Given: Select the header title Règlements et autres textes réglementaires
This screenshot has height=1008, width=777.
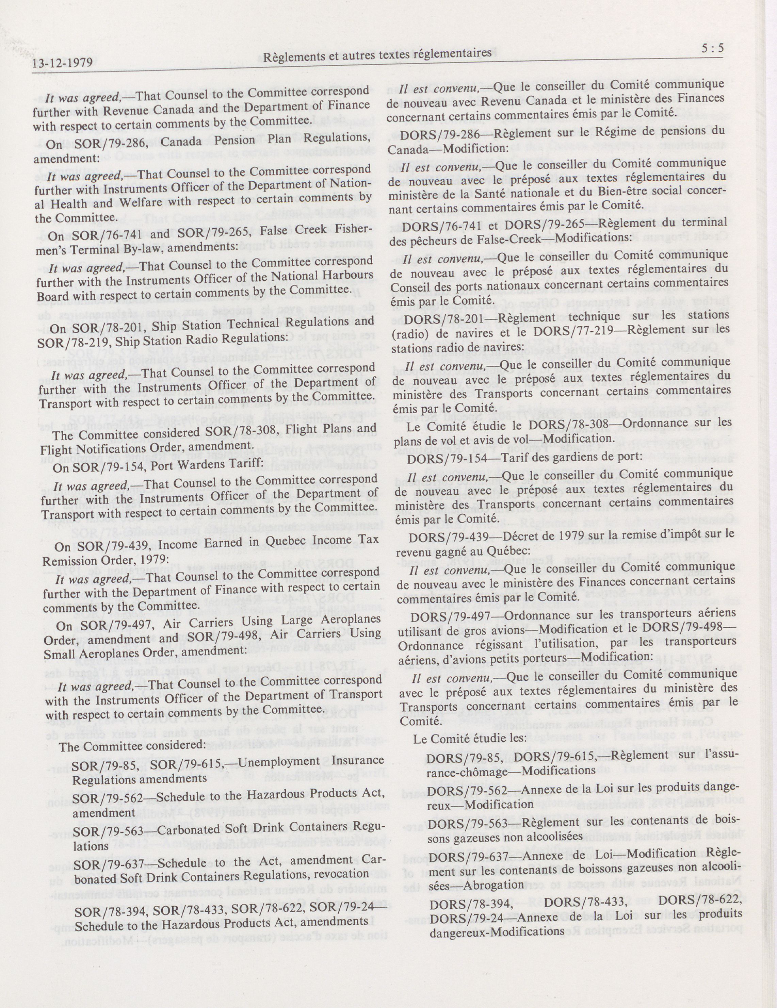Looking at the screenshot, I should tap(377, 55).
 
